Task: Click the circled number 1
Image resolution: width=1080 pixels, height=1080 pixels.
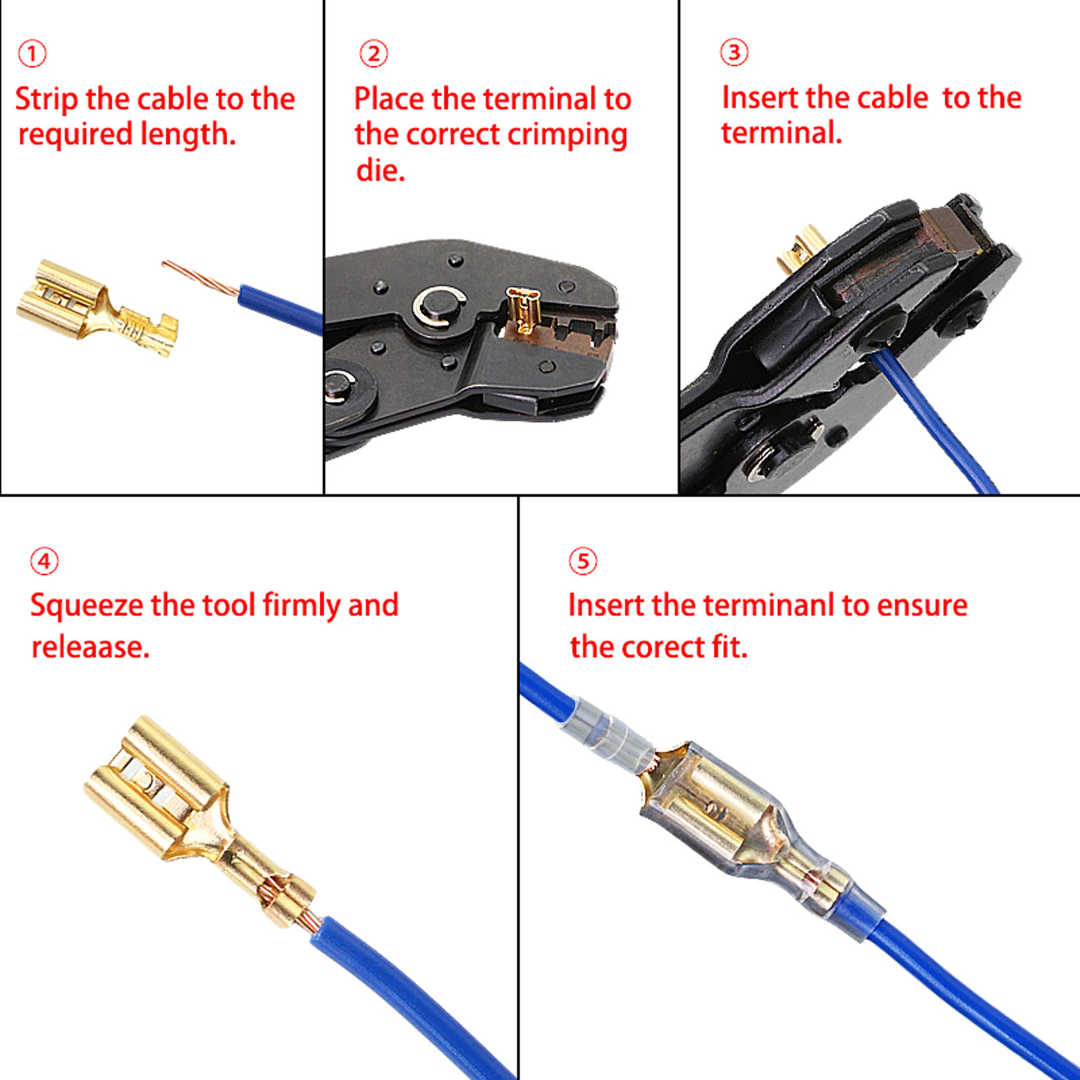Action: [32, 54]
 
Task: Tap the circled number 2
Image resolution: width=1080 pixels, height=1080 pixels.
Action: [373, 54]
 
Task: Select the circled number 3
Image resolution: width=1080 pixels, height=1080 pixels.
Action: [734, 53]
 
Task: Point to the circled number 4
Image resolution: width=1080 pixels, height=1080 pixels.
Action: [45, 561]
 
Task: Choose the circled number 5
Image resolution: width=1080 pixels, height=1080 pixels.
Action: [583, 561]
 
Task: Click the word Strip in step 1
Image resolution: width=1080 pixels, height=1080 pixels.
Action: [46, 100]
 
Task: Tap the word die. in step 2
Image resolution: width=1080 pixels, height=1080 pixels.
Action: [380, 170]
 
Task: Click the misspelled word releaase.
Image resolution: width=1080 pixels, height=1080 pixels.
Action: [90, 647]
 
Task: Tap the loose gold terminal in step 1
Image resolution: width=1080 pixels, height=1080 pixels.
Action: [94, 307]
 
